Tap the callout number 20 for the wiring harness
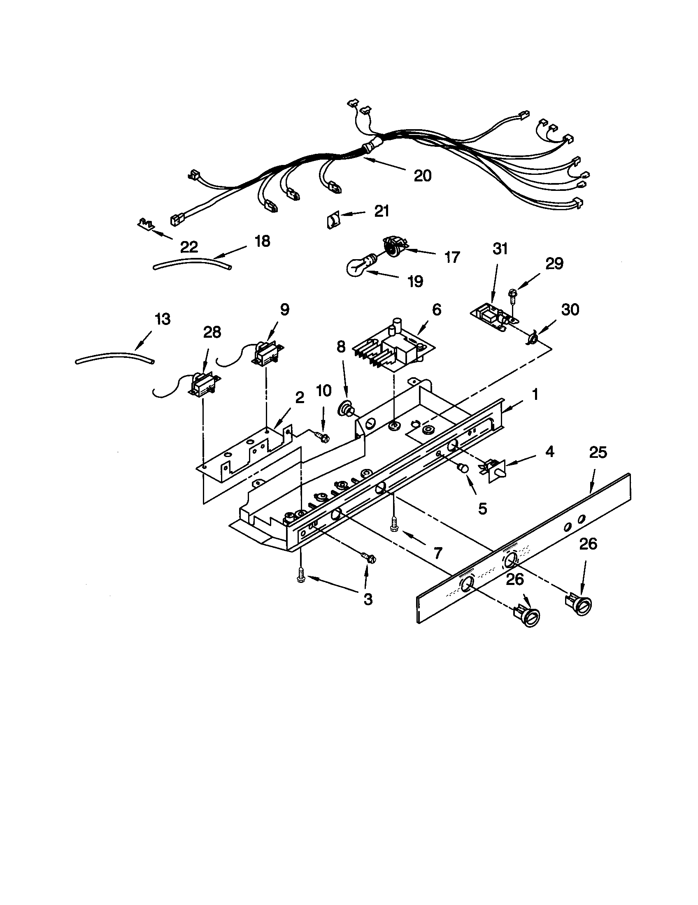(x=422, y=176)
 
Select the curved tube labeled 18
(x=192, y=264)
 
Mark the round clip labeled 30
(x=531, y=340)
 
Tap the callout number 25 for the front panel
(x=598, y=452)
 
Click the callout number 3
(x=368, y=599)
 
